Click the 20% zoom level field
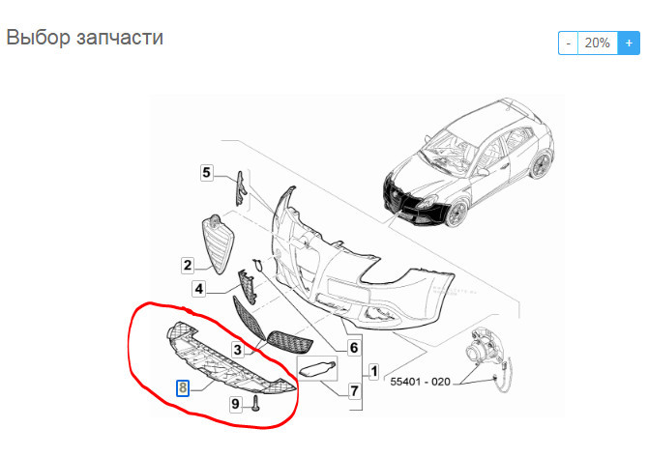click(597, 43)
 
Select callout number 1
click(373, 370)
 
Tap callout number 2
click(187, 264)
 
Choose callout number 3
click(235, 348)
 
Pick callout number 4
click(197, 288)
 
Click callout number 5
click(206, 173)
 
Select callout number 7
click(354, 391)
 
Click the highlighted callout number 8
click(183, 388)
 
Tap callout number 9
click(235, 404)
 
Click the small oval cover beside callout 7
click(317, 367)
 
